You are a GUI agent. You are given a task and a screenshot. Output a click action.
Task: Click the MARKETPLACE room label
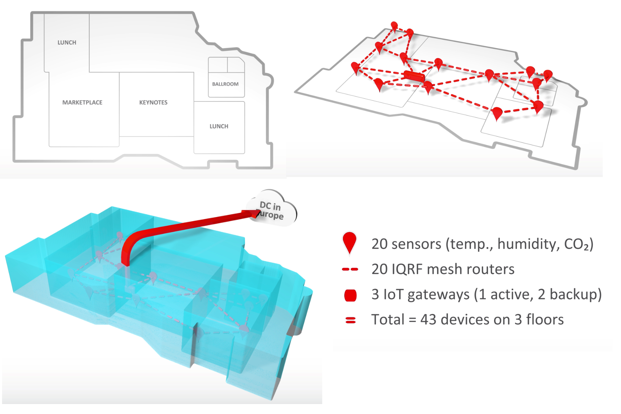tap(82, 102)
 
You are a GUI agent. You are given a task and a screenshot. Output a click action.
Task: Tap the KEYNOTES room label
tap(153, 102)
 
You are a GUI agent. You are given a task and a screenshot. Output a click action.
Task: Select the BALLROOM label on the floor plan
tap(225, 84)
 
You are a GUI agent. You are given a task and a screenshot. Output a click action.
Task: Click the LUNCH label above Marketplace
tap(67, 42)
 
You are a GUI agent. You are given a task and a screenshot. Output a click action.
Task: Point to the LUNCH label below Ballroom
tap(219, 126)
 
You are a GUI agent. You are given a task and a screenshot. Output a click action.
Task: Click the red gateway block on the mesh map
tap(414, 76)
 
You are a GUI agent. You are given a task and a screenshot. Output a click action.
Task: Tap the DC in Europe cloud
tap(273, 208)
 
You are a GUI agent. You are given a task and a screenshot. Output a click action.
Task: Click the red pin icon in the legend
tap(349, 243)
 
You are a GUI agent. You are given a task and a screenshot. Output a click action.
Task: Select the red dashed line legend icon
tap(350, 269)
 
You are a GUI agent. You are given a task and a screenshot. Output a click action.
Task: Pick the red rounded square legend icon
tap(351, 295)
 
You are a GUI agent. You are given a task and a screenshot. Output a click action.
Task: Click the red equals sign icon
tap(351, 321)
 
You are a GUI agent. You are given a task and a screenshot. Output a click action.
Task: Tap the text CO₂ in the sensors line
tap(576, 244)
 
